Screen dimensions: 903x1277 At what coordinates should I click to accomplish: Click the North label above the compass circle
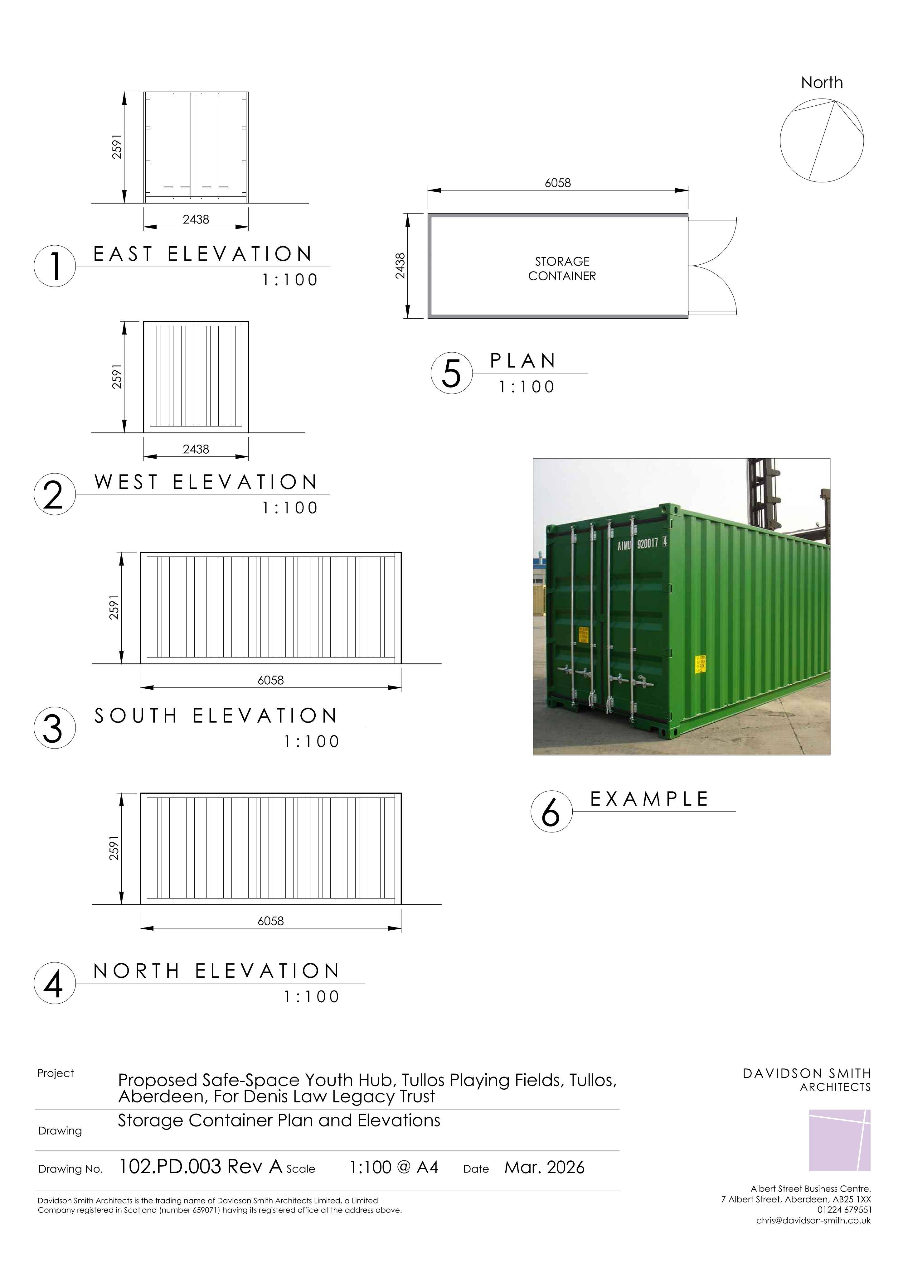point(822,83)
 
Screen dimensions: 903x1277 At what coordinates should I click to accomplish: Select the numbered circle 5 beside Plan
point(451,373)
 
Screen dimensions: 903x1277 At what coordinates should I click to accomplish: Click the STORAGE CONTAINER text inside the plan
point(562,269)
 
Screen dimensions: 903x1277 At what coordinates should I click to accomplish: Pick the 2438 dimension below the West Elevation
point(196,449)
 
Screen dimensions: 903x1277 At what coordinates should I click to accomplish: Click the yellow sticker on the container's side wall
point(701,663)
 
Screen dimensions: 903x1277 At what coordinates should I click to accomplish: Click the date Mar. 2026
point(544,1167)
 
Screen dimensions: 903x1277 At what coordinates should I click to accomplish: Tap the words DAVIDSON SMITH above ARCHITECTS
point(807,1073)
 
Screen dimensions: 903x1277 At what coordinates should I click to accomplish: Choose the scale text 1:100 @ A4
point(394,1167)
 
